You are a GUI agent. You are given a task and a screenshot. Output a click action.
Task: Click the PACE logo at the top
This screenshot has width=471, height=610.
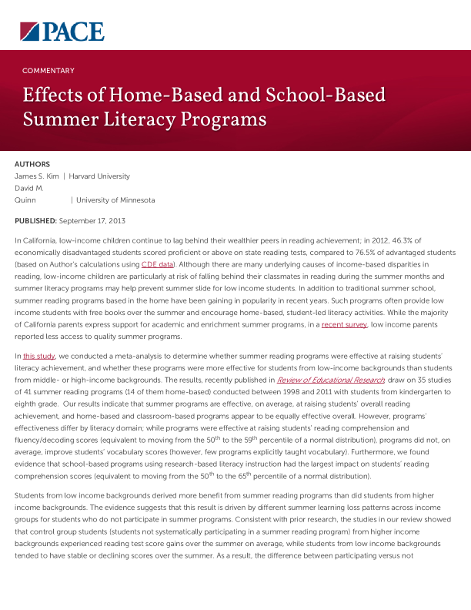(62, 31)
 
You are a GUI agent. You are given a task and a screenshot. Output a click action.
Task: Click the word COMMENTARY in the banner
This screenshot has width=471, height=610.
(48, 71)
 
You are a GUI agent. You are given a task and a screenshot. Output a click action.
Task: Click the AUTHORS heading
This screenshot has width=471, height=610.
(32, 164)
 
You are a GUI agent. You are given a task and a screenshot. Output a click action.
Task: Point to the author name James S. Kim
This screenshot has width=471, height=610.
(36, 176)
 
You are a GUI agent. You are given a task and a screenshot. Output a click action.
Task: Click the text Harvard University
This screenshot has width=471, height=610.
(99, 176)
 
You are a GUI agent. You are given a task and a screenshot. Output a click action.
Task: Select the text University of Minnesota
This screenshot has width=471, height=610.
(115, 200)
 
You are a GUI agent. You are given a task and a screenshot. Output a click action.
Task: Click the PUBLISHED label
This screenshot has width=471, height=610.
(35, 221)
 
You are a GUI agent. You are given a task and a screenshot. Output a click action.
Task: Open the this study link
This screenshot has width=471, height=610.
(38, 357)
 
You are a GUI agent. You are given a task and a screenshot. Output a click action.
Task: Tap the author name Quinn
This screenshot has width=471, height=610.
(26, 200)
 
